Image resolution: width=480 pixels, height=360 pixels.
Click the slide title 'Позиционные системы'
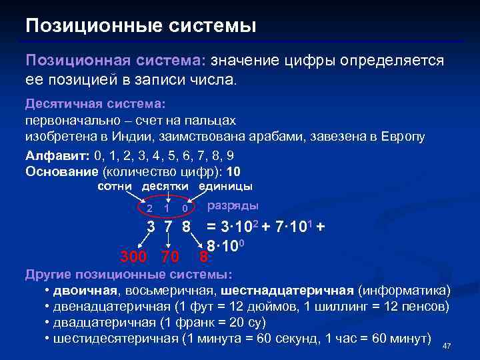(x=141, y=26)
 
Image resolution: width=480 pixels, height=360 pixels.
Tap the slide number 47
(x=447, y=345)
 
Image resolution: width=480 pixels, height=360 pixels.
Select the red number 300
(x=134, y=255)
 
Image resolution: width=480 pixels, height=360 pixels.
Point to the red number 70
(x=170, y=255)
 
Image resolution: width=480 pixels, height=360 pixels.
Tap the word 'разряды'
(x=234, y=206)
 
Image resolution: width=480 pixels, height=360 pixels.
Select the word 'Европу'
(x=403, y=136)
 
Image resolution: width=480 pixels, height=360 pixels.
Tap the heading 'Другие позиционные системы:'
(x=129, y=275)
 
